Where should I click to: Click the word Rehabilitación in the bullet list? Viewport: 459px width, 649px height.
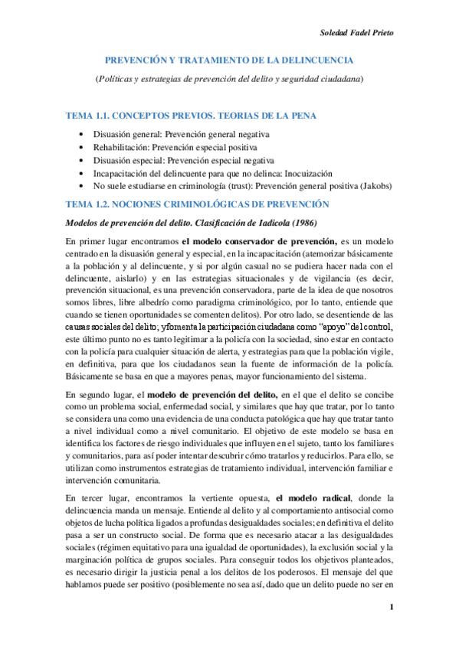[120, 147]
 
